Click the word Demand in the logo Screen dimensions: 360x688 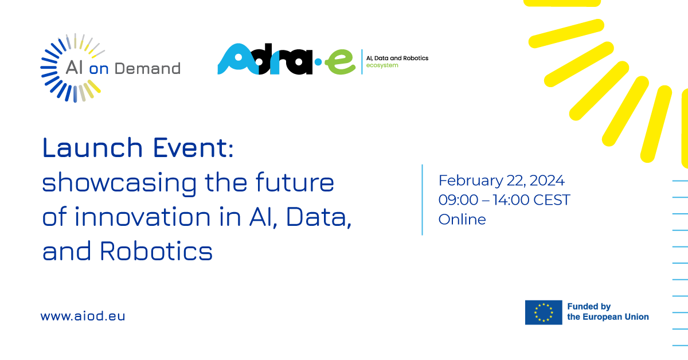tap(148, 69)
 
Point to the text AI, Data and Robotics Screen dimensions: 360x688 tap(397, 58)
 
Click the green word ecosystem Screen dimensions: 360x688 tap(382, 66)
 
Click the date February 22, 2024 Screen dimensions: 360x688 tap(501, 181)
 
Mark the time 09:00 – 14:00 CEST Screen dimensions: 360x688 tap(504, 200)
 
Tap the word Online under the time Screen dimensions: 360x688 tap(462, 219)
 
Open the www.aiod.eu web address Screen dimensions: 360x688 tap(83, 316)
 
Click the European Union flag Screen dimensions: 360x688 tap(544, 312)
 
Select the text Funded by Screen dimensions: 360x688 tap(589, 307)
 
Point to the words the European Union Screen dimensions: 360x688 tap(608, 317)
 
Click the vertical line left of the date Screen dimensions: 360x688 tap(423, 199)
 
